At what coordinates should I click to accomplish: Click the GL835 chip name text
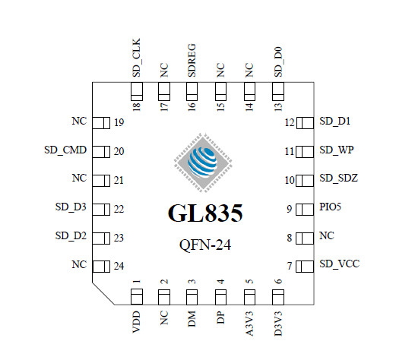(x=205, y=213)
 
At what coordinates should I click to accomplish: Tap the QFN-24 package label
(x=205, y=245)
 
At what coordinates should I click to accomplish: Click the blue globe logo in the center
(x=203, y=162)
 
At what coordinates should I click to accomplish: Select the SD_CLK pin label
(x=136, y=58)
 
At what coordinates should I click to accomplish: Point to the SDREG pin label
(x=192, y=60)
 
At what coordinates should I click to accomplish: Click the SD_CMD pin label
(x=65, y=150)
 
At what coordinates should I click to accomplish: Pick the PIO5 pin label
(x=330, y=207)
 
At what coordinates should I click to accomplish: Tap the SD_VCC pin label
(x=339, y=264)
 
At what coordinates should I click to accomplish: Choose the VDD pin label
(x=136, y=322)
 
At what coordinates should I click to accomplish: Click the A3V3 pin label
(x=249, y=324)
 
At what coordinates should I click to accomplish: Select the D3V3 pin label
(x=278, y=324)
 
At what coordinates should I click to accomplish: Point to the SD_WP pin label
(x=337, y=150)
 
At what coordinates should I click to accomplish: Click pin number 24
(x=119, y=266)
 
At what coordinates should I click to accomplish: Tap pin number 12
(x=290, y=122)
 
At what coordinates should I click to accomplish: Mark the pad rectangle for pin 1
(x=137, y=297)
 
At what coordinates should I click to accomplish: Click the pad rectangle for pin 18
(x=137, y=92)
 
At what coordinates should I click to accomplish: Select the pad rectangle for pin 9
(x=305, y=210)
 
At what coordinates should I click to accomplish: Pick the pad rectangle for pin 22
(x=101, y=210)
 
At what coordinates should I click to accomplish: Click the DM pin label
(x=192, y=319)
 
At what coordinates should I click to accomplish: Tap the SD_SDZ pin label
(x=338, y=178)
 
